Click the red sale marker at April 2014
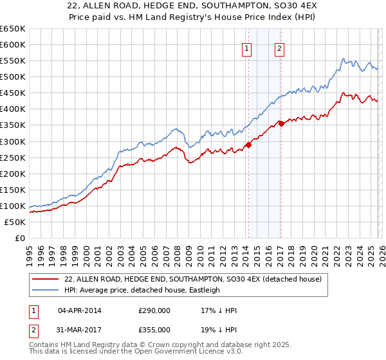pos(248,145)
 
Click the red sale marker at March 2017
pos(281,123)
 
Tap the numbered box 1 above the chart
pos(247,49)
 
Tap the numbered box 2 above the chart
pos(280,49)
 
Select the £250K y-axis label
pos(13,157)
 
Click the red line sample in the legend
pos(46,279)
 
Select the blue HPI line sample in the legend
pos(46,290)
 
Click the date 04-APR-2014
pos(80,310)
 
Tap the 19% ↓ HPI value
pos(219,329)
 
